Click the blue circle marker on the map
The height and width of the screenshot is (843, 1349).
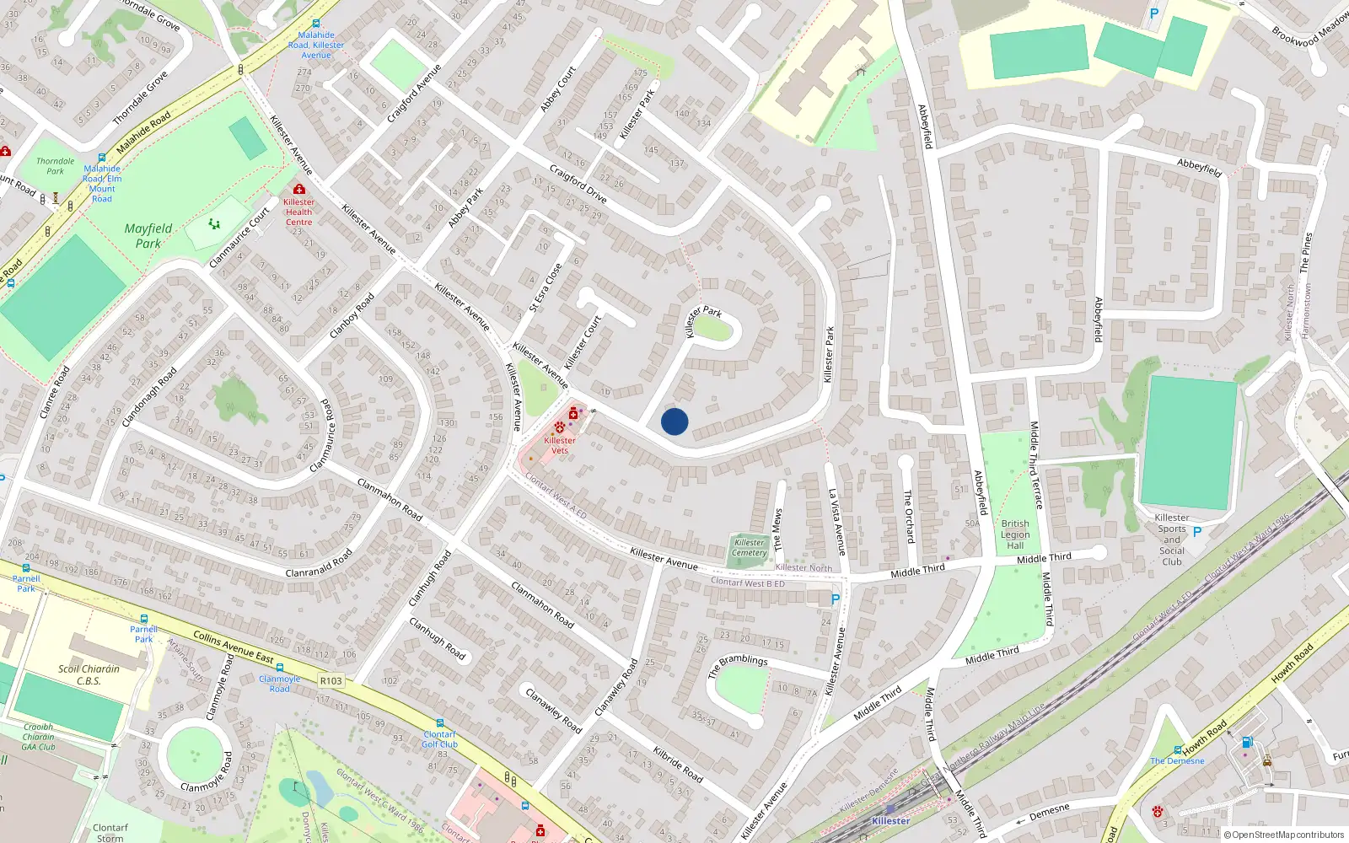pyautogui.click(x=674, y=421)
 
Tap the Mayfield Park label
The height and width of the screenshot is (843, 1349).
pyautogui.click(x=148, y=236)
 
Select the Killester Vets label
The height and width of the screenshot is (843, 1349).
pyautogui.click(x=560, y=445)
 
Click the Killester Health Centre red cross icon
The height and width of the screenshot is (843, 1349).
pyautogui.click(x=298, y=190)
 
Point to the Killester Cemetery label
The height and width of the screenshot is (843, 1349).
pyautogui.click(x=750, y=548)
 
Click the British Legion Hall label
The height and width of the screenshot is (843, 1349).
pyautogui.click(x=1015, y=534)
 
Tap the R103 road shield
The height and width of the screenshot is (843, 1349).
pyautogui.click(x=331, y=680)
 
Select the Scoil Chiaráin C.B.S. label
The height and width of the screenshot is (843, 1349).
pyautogui.click(x=89, y=674)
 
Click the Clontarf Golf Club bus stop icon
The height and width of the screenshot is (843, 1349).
pyautogui.click(x=439, y=723)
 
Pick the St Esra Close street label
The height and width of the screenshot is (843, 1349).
pyautogui.click(x=546, y=288)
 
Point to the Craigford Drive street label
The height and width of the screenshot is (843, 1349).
pyautogui.click(x=578, y=183)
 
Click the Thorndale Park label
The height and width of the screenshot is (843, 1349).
pyautogui.click(x=55, y=166)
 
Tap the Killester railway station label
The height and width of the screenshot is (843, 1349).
pyautogui.click(x=890, y=821)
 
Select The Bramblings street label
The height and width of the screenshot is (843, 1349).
pyautogui.click(x=738, y=665)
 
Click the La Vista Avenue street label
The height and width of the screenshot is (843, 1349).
pyautogui.click(x=836, y=522)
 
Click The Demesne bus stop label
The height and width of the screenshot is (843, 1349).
pyautogui.click(x=1177, y=760)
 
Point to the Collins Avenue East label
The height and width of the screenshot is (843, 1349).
pyautogui.click(x=234, y=647)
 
